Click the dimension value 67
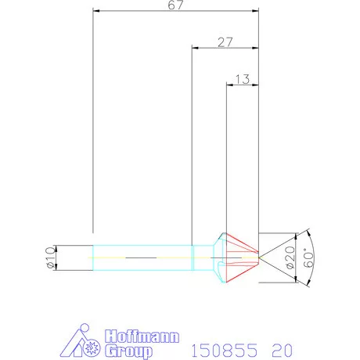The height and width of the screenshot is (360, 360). click(175, 5)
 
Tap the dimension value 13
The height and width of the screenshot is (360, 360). click(242, 79)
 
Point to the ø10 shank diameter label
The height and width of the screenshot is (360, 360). click(51, 257)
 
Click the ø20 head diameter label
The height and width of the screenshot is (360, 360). click(290, 256)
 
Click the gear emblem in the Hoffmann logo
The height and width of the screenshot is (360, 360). click(92, 342)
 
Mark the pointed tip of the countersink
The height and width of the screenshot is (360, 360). click(258, 256)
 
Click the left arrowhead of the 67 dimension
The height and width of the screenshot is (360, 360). click(95, 12)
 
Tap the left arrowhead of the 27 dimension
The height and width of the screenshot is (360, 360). click(196, 49)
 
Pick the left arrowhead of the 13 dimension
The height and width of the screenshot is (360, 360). click(229, 85)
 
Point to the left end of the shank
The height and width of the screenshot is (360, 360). click(93, 257)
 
